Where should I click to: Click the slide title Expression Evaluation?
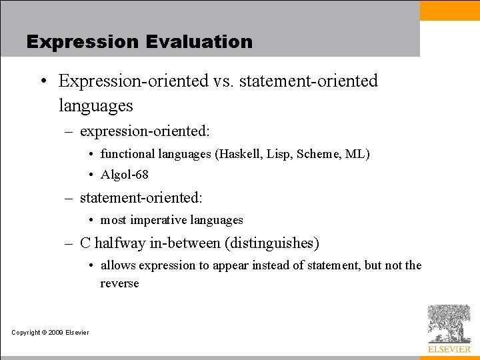pyautogui.click(x=139, y=41)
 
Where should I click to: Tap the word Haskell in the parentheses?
pyautogui.click(x=239, y=154)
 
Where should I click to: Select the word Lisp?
pyautogui.click(x=279, y=154)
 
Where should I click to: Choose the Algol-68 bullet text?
pyautogui.click(x=124, y=175)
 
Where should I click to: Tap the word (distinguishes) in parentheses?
pyautogui.click(x=273, y=243)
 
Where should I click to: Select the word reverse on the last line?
pyautogui.click(x=119, y=283)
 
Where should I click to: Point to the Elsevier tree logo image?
pyautogui.click(x=449, y=323)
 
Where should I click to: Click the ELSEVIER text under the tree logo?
pyautogui.click(x=449, y=349)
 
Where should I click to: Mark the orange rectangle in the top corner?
pyautogui.click(x=449, y=10)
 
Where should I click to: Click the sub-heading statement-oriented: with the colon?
pyautogui.click(x=141, y=198)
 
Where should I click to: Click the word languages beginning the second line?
pyautogui.click(x=95, y=105)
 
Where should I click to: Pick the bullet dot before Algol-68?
pyautogui.click(x=91, y=175)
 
